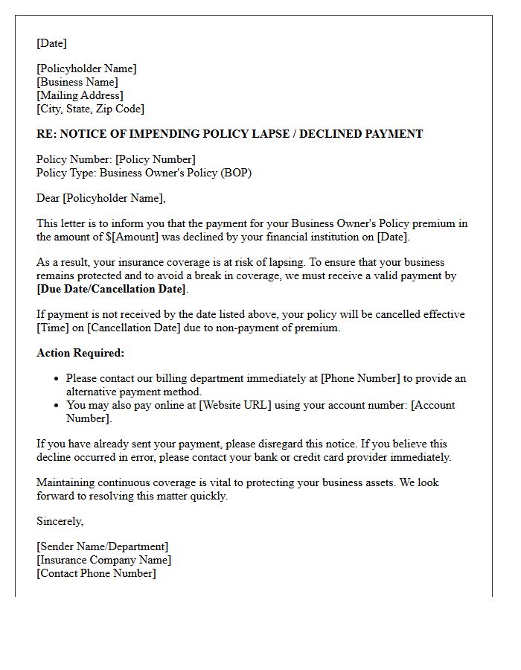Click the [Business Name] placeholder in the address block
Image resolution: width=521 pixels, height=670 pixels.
[x=77, y=82]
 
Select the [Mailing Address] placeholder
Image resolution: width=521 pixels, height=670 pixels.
[x=80, y=95]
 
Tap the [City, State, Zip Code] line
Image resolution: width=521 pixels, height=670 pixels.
[x=90, y=109]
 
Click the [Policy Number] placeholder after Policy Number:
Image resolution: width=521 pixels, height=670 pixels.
[x=155, y=159]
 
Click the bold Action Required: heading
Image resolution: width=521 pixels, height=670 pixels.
[x=80, y=353]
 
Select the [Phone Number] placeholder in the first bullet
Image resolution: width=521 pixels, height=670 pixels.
[x=360, y=378]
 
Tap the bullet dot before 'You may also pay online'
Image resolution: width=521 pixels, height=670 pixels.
[x=57, y=406]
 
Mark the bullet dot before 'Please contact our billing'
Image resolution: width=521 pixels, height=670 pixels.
[x=57, y=379]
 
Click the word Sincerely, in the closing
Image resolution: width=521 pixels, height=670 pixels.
[x=60, y=521]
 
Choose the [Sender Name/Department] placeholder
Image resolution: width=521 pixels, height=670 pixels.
[x=102, y=546]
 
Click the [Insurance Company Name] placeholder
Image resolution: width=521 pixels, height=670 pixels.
[x=103, y=560]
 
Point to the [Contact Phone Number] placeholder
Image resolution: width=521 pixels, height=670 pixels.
[x=96, y=573]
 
